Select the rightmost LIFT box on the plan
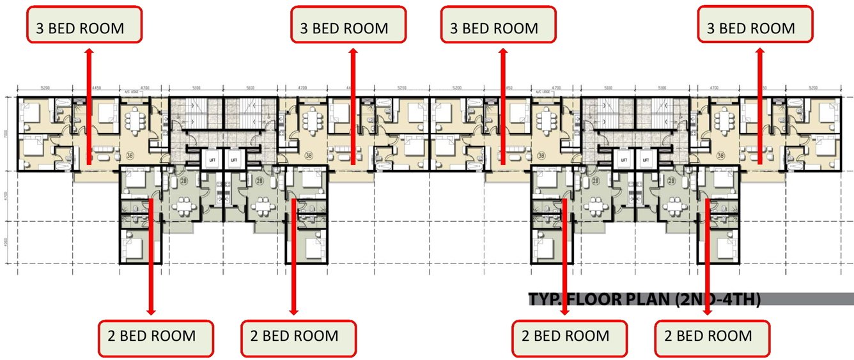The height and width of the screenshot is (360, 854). (646, 159)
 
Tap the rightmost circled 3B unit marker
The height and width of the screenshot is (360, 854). (721, 155)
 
